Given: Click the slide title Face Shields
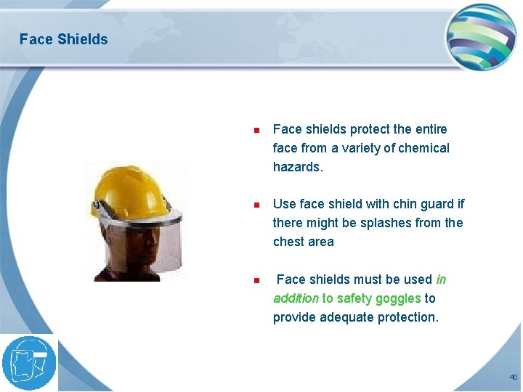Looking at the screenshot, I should tap(63, 39).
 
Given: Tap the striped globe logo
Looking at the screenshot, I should tap(480, 37).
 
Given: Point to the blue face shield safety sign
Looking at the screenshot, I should tap(29, 363).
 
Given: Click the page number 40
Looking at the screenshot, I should tap(513, 377).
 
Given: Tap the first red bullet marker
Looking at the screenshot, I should tap(256, 131).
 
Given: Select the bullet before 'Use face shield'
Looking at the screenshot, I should tap(256, 205).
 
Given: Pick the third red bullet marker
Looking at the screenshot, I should tap(256, 280).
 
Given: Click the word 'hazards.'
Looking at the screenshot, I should tap(298, 167).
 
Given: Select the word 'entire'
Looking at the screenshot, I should tap(431, 129).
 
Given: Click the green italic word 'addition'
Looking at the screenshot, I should tap(296, 298).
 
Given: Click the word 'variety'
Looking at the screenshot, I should tap(365, 148).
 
